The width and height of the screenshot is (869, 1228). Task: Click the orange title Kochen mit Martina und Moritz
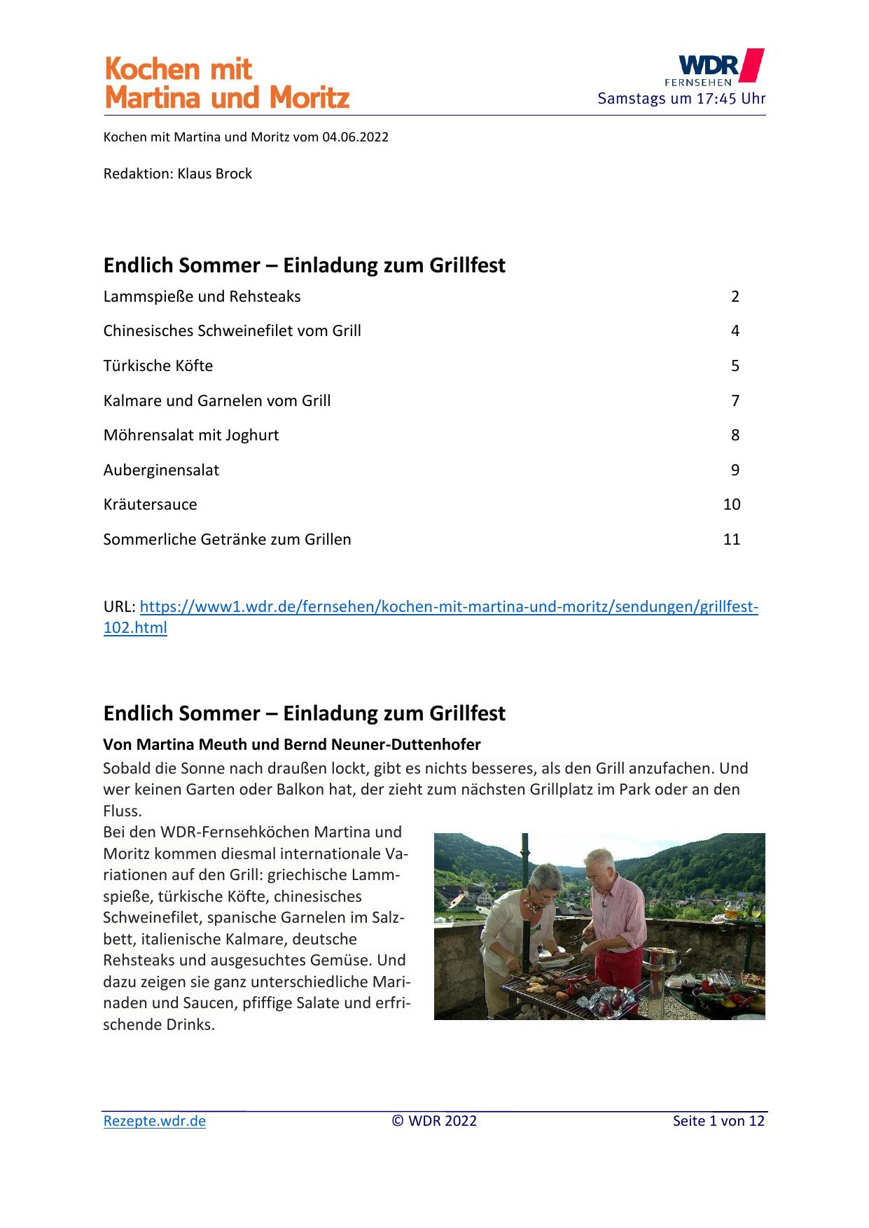pos(226,83)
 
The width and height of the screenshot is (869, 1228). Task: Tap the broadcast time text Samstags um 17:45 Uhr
pos(681,99)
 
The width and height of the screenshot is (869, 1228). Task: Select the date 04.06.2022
pos(355,137)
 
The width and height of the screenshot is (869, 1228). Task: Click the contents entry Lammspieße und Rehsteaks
pos(202,297)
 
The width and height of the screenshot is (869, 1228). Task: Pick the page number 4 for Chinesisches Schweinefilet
pos(735,331)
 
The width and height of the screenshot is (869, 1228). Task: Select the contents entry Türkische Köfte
pos(158,366)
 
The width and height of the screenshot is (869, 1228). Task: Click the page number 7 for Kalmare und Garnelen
pos(735,401)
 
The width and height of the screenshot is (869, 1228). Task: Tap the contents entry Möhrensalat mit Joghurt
pos(191,435)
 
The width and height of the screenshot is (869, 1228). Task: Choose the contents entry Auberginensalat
pos(161,470)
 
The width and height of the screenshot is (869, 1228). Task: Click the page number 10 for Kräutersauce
pos(731,505)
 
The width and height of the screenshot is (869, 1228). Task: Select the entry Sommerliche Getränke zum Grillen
pos(227,540)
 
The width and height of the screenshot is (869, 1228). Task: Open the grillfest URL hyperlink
pos(448,607)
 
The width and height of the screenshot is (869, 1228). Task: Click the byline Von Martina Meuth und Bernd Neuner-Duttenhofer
pos(292,744)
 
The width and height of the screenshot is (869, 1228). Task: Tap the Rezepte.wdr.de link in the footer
pos(155,1121)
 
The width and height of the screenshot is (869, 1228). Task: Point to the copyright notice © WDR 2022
pos(434,1121)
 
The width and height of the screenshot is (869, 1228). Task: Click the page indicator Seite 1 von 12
pos(718,1121)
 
